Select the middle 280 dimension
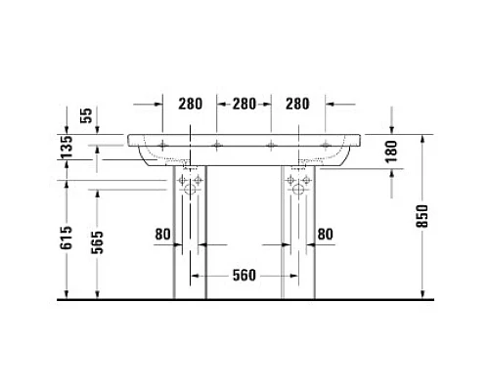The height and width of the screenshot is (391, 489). (x=244, y=103)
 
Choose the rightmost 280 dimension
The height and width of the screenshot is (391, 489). (x=298, y=103)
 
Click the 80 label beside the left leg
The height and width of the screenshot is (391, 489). (x=161, y=234)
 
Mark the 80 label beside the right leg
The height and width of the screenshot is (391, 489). (x=325, y=234)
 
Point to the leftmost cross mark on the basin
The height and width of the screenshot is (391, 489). (x=161, y=148)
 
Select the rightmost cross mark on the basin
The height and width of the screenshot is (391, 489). (x=325, y=148)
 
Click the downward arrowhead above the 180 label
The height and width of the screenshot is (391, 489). (x=390, y=126)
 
